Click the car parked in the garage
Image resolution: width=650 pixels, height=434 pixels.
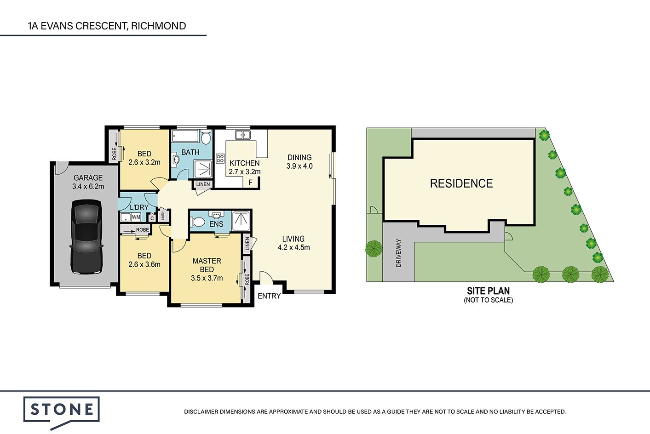86,237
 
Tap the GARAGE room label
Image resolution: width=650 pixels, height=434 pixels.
88,178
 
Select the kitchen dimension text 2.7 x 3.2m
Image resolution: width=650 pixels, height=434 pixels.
245,172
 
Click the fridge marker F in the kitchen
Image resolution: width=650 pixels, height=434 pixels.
250,183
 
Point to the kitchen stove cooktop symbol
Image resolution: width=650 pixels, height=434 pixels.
220,158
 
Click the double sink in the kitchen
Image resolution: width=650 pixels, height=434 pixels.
242,135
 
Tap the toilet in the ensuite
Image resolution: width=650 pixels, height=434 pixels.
198,222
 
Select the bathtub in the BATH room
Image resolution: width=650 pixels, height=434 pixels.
185,136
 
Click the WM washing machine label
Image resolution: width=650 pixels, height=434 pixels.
136,217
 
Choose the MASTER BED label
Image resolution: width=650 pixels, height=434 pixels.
207,265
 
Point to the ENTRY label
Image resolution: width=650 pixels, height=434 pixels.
269,296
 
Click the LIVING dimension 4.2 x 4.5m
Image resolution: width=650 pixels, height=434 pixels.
293,248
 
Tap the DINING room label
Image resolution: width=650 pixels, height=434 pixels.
299,157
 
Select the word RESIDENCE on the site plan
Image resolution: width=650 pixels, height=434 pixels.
461,183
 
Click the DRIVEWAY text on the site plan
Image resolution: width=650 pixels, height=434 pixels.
398,253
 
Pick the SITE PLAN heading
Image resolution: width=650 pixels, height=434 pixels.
489,291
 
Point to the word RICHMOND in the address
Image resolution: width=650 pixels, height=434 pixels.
158,26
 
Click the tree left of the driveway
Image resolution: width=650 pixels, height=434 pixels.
374,249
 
